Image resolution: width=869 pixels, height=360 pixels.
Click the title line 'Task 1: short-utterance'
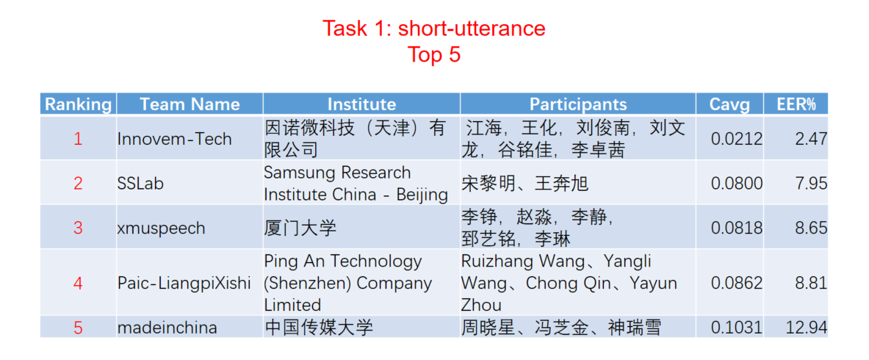tap(434, 29)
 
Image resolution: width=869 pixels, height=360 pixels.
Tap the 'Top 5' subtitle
tap(434, 54)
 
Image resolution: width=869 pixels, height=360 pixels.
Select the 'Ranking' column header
tap(78, 104)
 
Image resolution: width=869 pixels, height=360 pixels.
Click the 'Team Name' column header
tap(190, 104)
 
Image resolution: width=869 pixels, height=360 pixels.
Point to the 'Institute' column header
tap(361, 104)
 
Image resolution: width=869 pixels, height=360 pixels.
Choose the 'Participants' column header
tap(578, 104)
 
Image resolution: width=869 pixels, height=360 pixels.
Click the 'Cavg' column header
tap(730, 104)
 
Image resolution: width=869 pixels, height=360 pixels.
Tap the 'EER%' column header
tap(796, 104)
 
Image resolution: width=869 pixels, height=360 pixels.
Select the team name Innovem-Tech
tap(175, 139)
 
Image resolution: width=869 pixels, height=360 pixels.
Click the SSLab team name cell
tap(141, 183)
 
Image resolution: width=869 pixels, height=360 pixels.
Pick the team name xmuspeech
tap(162, 228)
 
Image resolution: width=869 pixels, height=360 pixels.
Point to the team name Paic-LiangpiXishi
tap(184, 283)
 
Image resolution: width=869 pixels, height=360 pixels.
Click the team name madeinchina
tap(167, 327)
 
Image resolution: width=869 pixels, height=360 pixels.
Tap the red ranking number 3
tap(78, 228)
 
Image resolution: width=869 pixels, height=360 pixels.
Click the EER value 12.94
tap(807, 327)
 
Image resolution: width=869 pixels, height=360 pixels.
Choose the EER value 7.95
tap(811, 183)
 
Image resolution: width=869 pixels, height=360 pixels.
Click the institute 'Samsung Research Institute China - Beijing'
tap(356, 184)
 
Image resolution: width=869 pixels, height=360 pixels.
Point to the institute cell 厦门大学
tap(300, 228)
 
